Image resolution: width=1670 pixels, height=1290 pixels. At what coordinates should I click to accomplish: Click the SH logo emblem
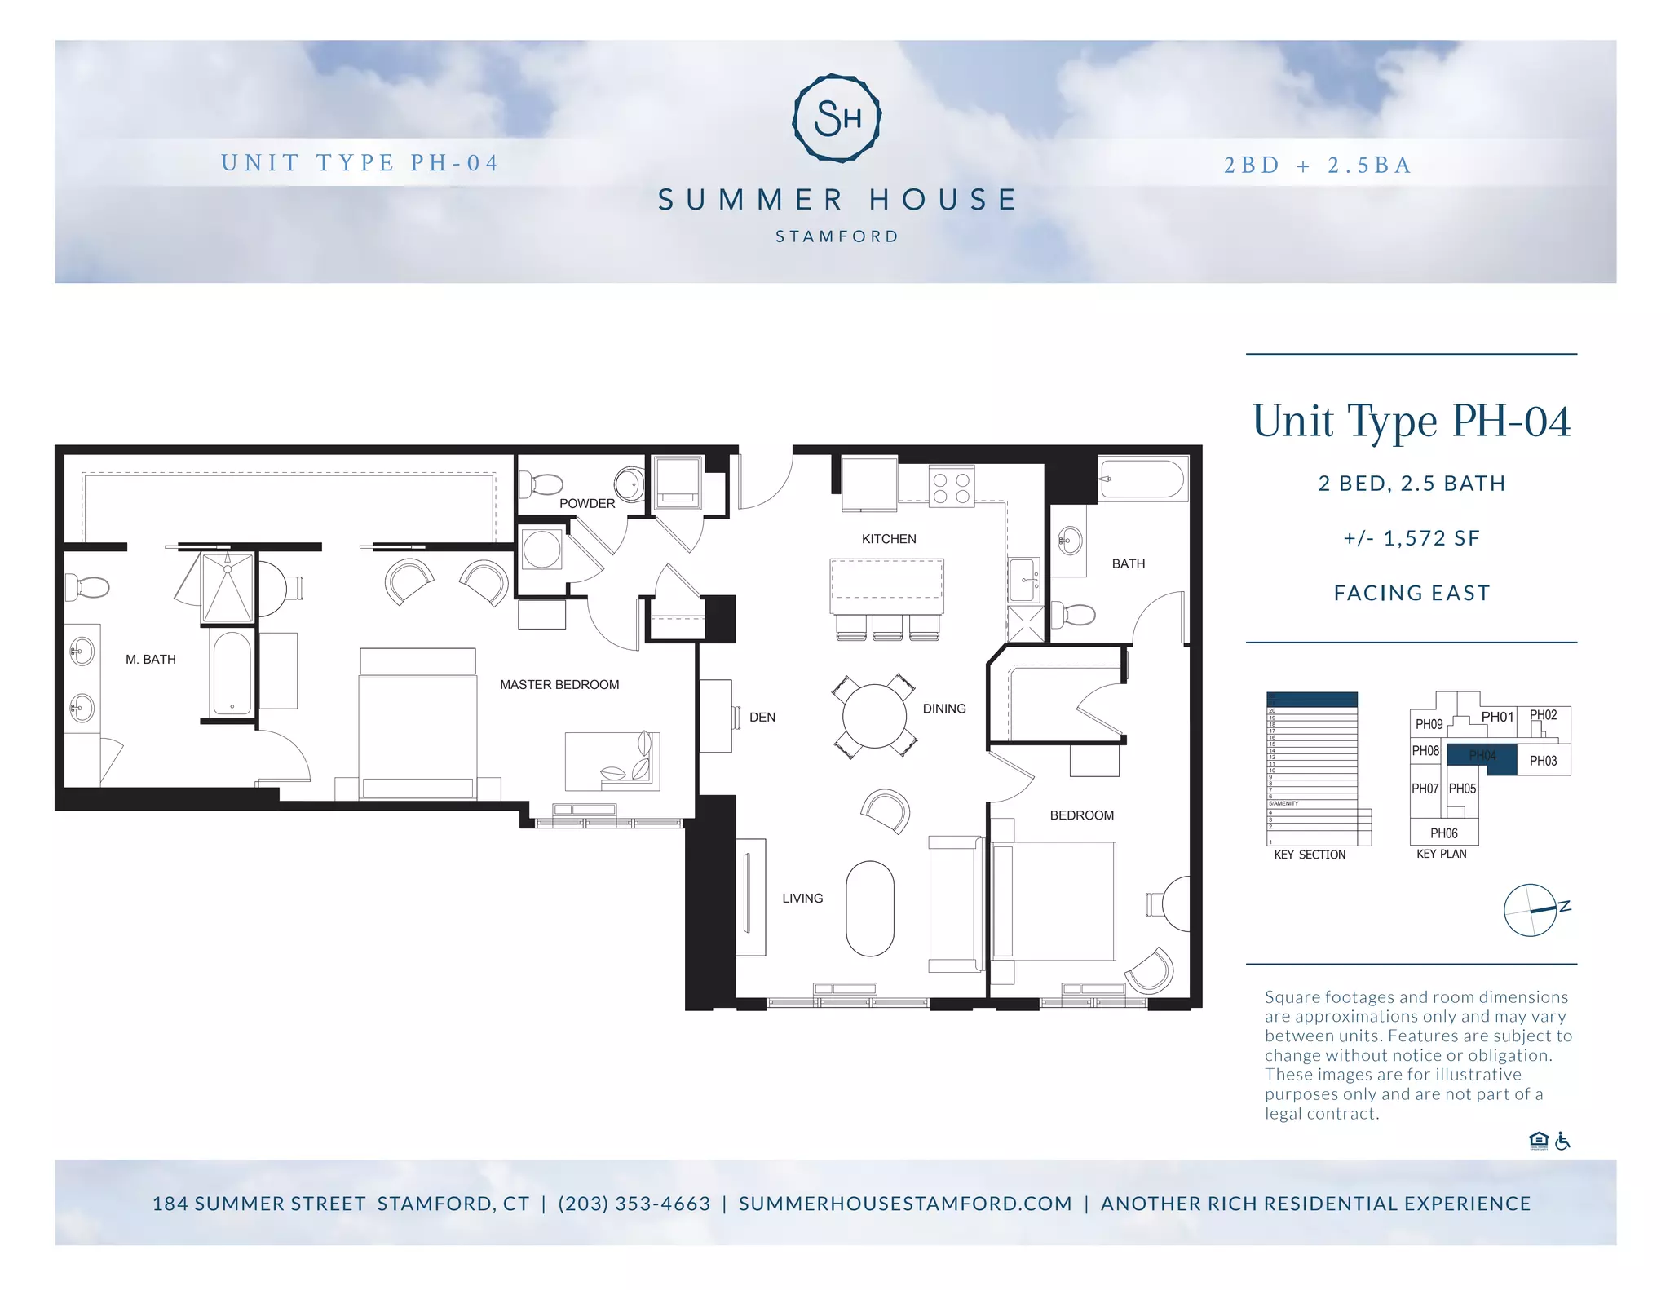click(837, 118)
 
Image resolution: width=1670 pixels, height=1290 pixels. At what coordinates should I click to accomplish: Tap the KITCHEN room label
click(889, 539)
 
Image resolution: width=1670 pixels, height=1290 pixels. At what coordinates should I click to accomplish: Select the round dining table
click(874, 716)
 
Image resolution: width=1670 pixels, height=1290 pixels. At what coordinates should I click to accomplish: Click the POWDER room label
click(587, 504)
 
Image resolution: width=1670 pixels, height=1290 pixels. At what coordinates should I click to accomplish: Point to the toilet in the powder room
click(541, 485)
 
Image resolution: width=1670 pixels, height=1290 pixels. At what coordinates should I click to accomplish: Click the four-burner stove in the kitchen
click(952, 488)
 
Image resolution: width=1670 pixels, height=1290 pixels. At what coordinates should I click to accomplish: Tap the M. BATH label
click(151, 660)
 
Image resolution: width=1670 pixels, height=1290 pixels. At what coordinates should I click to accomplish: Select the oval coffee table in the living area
click(870, 908)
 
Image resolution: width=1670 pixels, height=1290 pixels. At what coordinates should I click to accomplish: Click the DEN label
click(762, 718)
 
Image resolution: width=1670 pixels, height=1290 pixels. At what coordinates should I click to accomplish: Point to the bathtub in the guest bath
click(1142, 479)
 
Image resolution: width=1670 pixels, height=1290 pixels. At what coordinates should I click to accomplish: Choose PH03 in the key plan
click(1543, 761)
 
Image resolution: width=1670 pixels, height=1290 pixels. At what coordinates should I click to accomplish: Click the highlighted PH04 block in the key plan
click(1482, 756)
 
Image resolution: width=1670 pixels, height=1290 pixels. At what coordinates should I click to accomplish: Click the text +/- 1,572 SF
click(1412, 538)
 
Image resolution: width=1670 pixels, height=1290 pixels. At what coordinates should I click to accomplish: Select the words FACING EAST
click(1412, 593)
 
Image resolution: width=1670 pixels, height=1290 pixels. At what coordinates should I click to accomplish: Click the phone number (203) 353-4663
click(634, 1204)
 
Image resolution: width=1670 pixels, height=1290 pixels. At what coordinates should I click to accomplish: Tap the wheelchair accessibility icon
click(1562, 1141)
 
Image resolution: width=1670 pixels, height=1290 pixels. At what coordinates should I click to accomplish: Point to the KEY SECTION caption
click(1310, 855)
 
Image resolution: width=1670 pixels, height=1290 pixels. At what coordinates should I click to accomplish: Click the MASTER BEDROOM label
click(559, 685)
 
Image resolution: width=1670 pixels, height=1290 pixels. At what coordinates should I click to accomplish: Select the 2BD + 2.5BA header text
click(1318, 166)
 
